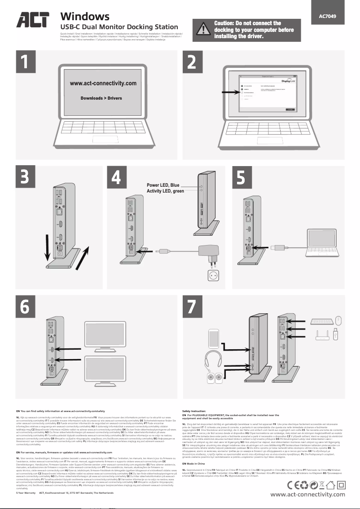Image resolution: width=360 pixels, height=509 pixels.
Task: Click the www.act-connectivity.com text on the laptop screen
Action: (103, 83)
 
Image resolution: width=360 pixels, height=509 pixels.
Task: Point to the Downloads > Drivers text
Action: (101, 98)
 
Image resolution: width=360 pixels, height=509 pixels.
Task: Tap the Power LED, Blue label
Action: (163, 185)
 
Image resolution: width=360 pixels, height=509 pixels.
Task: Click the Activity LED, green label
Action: (165, 192)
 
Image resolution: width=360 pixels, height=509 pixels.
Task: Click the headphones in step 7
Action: (214, 360)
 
